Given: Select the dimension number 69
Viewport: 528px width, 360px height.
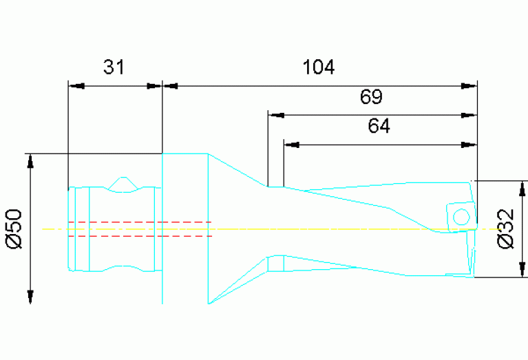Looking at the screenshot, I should tap(371, 97).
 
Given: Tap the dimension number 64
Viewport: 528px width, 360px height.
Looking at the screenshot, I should tap(379, 127).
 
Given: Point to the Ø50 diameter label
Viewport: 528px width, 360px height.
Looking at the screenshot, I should tap(15, 228).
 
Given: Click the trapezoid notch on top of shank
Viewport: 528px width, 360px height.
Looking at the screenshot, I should tap(123, 184).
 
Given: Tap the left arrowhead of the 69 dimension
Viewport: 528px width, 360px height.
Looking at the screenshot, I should tap(275, 115).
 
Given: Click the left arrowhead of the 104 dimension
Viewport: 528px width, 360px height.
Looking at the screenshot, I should tap(169, 86).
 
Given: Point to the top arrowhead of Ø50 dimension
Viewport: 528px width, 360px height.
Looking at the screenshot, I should tap(30, 161).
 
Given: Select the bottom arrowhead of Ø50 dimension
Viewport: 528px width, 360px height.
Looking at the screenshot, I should tap(30, 296).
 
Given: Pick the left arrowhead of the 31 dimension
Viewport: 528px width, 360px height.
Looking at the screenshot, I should tap(76, 86).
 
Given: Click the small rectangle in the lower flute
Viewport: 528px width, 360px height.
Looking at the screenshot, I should tap(275, 264).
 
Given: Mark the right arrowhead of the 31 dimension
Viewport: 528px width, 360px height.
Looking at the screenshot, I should tap(154, 86).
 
